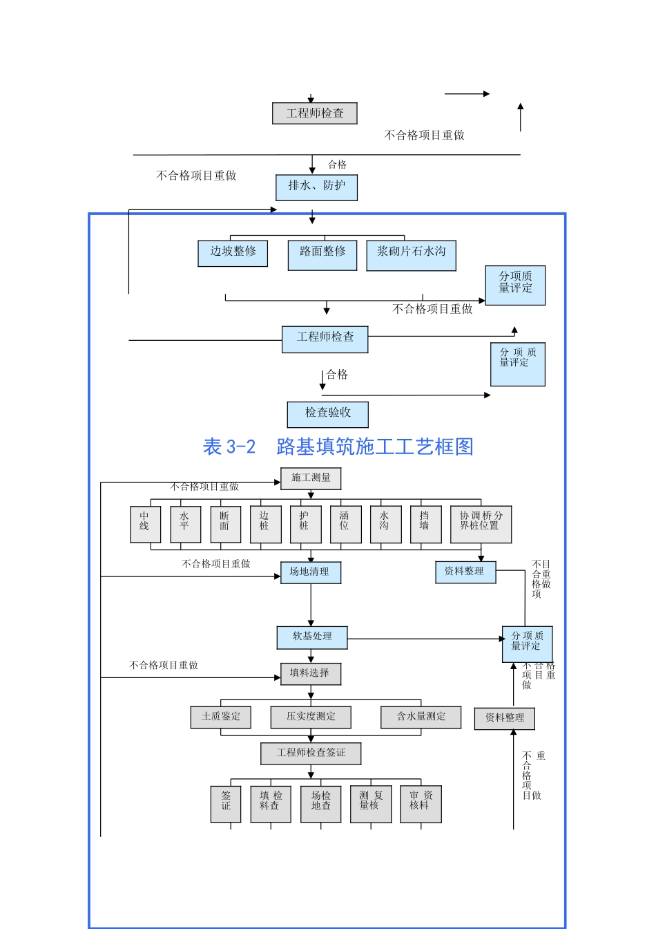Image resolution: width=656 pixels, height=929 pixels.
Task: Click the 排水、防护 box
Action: point(316,187)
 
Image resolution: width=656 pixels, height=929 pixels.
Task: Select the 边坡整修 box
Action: point(233,253)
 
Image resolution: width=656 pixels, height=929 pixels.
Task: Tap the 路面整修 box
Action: point(322,254)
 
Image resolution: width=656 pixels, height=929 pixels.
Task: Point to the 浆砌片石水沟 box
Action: point(411,254)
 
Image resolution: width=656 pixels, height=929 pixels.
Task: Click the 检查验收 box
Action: point(328,414)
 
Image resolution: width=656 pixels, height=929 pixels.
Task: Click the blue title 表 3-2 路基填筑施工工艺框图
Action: point(338,447)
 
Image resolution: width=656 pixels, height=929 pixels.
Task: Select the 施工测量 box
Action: point(311,478)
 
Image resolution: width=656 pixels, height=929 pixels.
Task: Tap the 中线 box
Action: point(145,524)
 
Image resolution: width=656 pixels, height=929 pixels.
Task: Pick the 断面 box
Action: point(225,524)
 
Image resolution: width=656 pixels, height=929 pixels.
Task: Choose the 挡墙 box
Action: point(425,524)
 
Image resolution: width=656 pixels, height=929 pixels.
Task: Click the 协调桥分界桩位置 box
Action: point(481,524)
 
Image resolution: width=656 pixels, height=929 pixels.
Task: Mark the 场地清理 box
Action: point(310,572)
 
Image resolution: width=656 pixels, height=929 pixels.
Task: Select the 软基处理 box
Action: point(312,637)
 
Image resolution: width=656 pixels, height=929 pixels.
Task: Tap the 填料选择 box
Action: point(310,673)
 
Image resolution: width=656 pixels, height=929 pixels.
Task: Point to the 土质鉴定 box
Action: point(221,717)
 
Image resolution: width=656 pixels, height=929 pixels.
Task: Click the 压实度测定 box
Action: point(311,717)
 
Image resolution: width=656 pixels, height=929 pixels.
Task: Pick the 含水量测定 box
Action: point(421,717)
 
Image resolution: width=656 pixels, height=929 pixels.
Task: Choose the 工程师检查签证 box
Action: point(311,753)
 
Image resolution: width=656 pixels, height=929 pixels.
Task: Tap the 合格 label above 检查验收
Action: point(338,375)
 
